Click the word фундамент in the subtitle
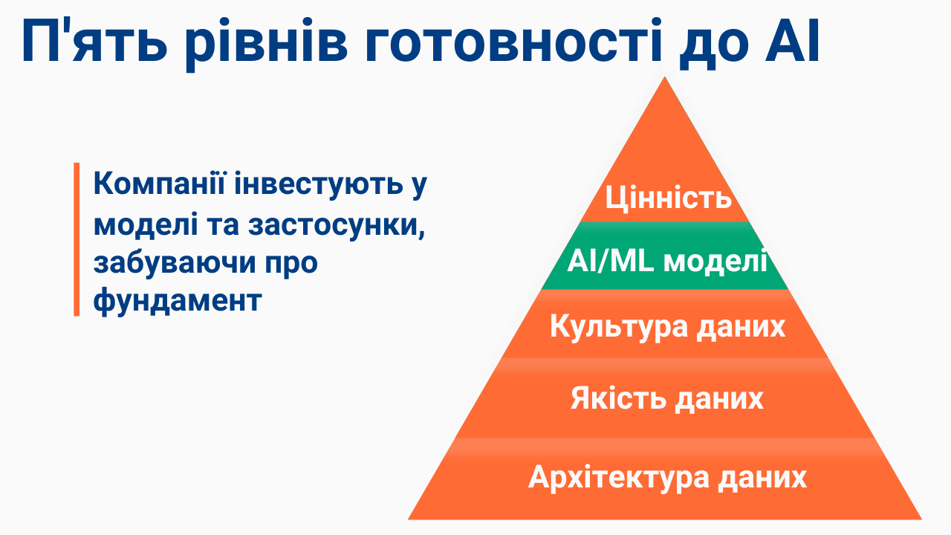(x=178, y=302)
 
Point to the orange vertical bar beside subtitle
(x=77, y=239)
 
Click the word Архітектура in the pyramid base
(x=619, y=476)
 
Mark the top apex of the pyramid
(x=665, y=78)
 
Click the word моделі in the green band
(x=715, y=262)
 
